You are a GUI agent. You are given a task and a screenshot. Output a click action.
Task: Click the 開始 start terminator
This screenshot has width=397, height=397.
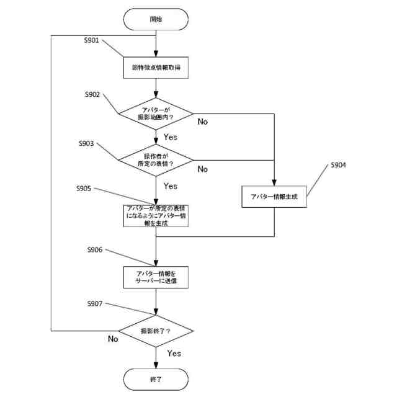point(156,19)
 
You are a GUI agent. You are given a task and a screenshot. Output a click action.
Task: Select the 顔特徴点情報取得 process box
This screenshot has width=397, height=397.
point(156,66)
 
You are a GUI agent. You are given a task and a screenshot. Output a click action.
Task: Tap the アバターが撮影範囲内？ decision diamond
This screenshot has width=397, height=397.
point(156,114)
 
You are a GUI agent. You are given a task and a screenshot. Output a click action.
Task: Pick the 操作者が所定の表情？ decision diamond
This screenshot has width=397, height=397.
point(156,160)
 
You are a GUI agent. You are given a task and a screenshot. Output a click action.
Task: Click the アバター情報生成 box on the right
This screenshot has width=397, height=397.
point(274,196)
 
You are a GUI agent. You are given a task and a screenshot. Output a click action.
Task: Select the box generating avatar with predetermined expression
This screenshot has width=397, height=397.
point(156,215)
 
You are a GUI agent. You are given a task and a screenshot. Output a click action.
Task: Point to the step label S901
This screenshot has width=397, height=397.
point(93,40)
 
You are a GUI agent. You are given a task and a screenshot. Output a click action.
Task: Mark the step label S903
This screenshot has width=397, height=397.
point(86,143)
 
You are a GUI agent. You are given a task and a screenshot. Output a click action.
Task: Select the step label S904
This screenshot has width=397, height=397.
point(338,166)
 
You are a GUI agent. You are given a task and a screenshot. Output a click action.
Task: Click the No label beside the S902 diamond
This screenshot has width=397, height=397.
point(203,122)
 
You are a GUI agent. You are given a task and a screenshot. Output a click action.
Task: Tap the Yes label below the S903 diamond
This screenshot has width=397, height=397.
point(170,186)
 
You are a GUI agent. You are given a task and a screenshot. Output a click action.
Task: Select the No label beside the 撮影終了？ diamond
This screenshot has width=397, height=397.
point(113,339)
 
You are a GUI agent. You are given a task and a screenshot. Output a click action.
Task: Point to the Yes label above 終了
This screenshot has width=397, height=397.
point(174,353)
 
